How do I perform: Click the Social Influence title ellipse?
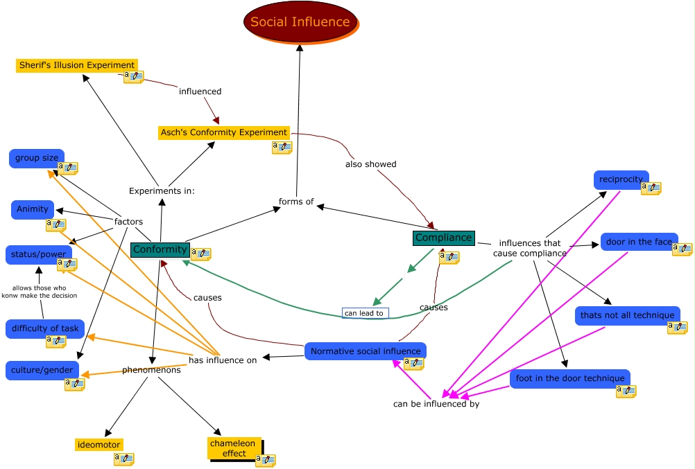[300, 21]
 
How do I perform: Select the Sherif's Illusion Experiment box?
[76, 65]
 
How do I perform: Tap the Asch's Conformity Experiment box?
[223, 132]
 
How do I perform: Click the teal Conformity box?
[160, 249]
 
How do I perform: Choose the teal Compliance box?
[443, 238]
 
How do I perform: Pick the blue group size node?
[37, 158]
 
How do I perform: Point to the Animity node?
[33, 209]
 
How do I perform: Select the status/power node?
[38, 254]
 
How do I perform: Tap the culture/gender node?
[42, 371]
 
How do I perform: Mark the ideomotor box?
[99, 445]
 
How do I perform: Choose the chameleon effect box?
[234, 448]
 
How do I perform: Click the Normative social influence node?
[365, 351]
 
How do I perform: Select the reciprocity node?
[621, 179]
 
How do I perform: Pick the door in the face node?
[639, 242]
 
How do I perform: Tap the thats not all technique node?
[627, 315]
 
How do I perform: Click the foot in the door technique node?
[569, 378]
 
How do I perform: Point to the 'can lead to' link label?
[365, 313]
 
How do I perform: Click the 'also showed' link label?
[371, 164]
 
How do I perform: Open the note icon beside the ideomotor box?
[123, 459]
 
